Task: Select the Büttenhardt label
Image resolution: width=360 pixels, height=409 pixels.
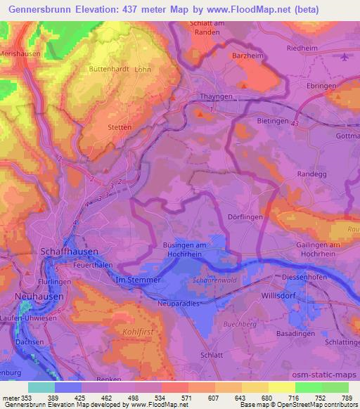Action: pos(109,70)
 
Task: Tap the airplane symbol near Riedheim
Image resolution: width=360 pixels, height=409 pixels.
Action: pos(343,58)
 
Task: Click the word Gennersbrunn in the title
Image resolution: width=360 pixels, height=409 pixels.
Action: pos(36,10)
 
